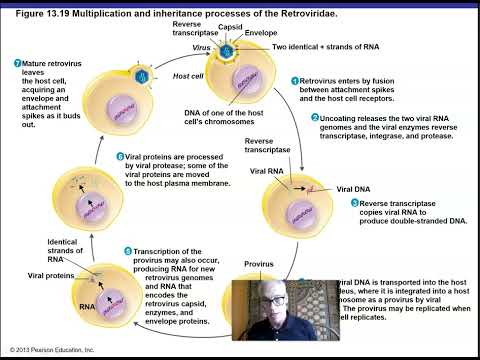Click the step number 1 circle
point(295,81)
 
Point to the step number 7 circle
point(18,64)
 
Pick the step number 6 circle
point(120,156)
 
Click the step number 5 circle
point(127,250)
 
